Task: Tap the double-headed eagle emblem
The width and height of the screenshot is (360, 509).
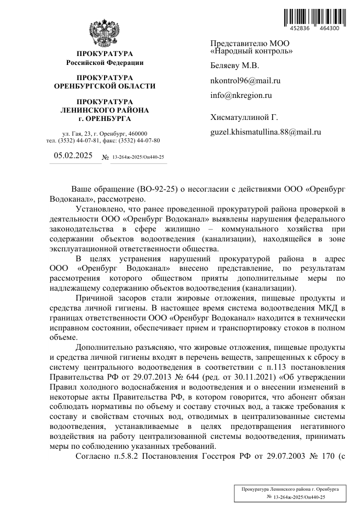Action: [105, 32]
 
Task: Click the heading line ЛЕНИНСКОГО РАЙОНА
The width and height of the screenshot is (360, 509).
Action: [105, 110]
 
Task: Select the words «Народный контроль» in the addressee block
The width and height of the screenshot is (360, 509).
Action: [251, 51]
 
